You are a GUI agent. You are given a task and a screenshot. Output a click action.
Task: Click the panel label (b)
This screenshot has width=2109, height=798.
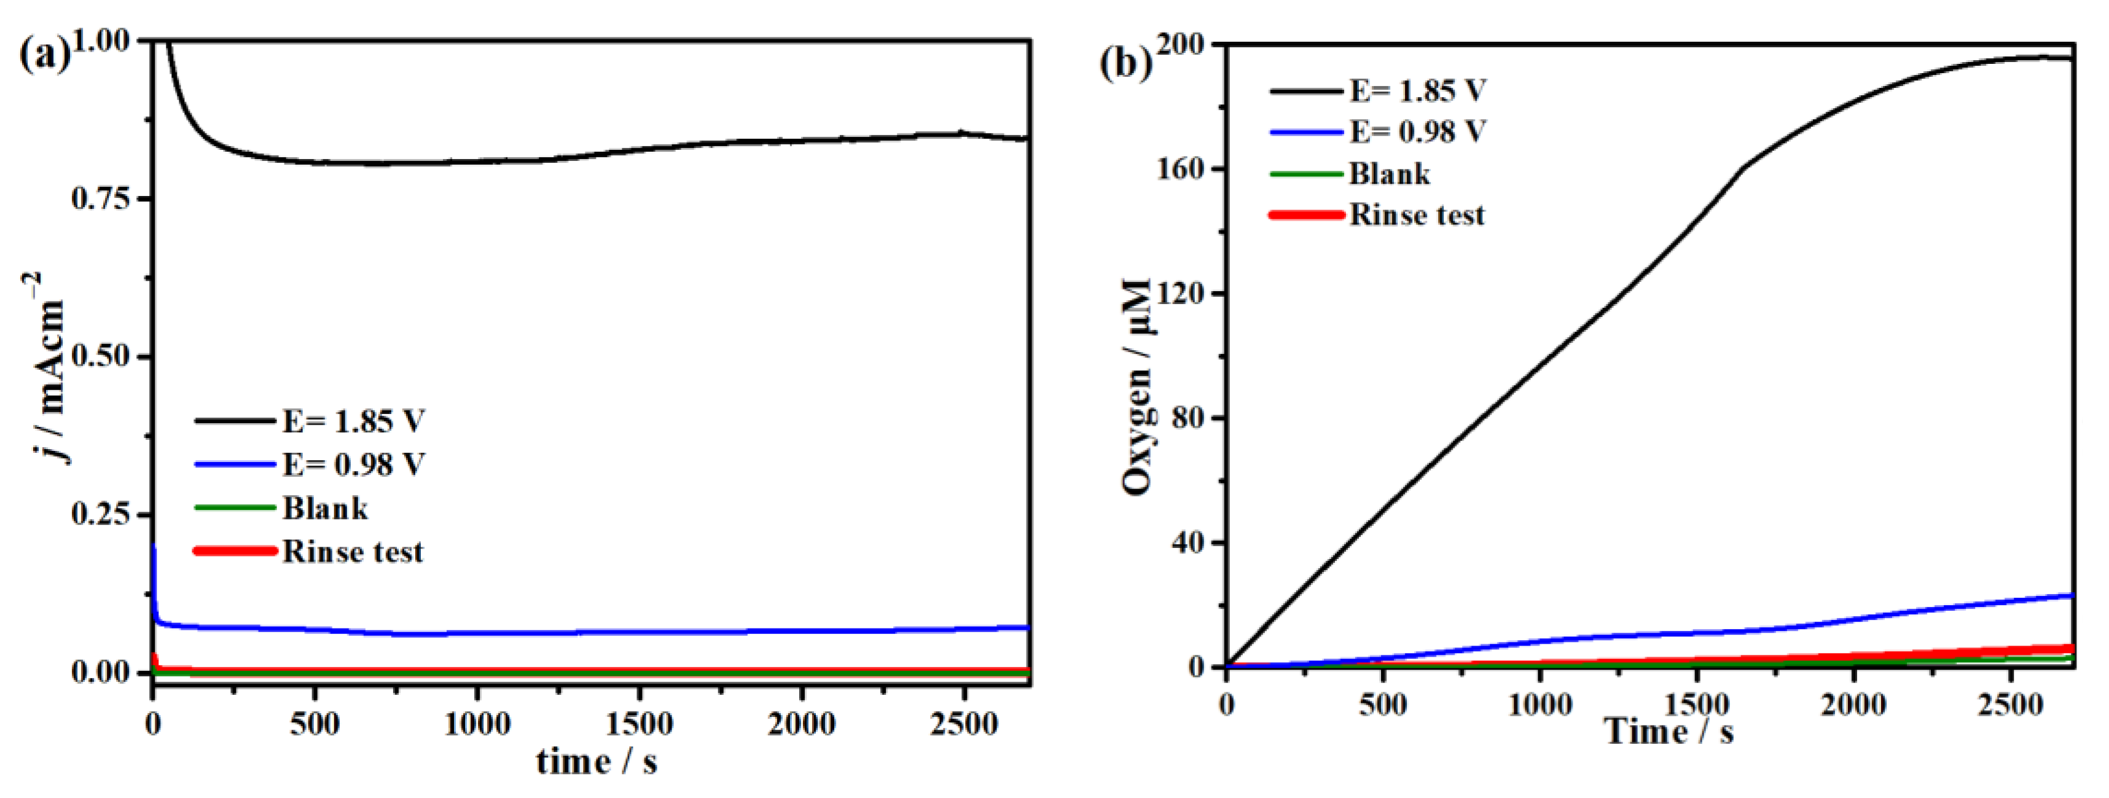pyautogui.click(x=1124, y=61)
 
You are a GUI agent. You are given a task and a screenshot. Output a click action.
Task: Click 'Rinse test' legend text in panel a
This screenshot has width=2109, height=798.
pyautogui.click(x=353, y=552)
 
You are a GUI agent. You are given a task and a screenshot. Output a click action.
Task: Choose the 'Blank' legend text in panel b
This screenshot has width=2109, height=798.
pyautogui.click(x=1390, y=173)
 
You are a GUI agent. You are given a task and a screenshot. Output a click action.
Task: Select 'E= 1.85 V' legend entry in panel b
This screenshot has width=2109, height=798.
pyautogui.click(x=1417, y=90)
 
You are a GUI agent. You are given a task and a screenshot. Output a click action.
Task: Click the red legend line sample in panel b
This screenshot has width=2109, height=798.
pyautogui.click(x=1306, y=215)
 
